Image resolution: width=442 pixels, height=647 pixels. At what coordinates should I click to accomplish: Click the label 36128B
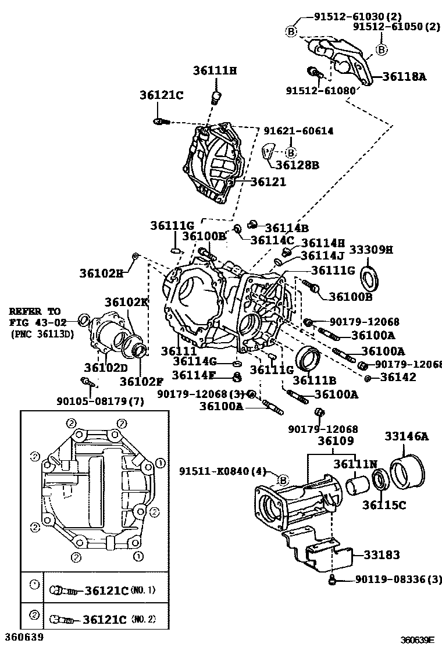(297, 165)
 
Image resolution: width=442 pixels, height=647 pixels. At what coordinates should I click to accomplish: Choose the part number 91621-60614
(298, 131)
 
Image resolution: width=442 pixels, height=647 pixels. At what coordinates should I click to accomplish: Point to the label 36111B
(315, 380)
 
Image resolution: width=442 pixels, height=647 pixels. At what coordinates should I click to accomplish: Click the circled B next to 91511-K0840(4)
(281, 480)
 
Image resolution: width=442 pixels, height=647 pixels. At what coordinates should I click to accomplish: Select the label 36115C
(384, 505)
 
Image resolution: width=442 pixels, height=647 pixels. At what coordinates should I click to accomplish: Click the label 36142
(399, 378)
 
